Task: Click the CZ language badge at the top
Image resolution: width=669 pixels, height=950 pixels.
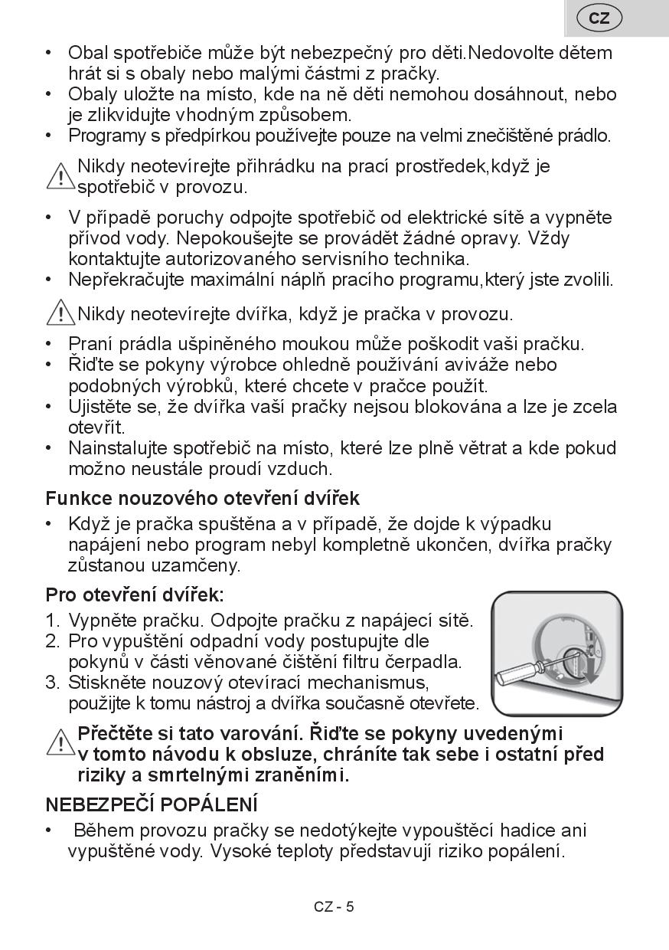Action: tap(599, 18)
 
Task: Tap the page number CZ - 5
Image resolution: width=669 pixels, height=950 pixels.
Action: tap(334, 907)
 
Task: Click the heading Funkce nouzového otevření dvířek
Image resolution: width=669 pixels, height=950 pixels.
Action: tap(202, 498)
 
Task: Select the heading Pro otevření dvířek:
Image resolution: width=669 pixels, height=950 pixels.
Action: tap(135, 595)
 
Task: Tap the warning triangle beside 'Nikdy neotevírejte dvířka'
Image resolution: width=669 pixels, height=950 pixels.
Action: tap(60, 313)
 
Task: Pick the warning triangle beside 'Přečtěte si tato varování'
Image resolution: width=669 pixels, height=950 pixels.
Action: tap(60, 742)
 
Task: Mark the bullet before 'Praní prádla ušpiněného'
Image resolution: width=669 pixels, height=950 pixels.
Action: tap(51, 344)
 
